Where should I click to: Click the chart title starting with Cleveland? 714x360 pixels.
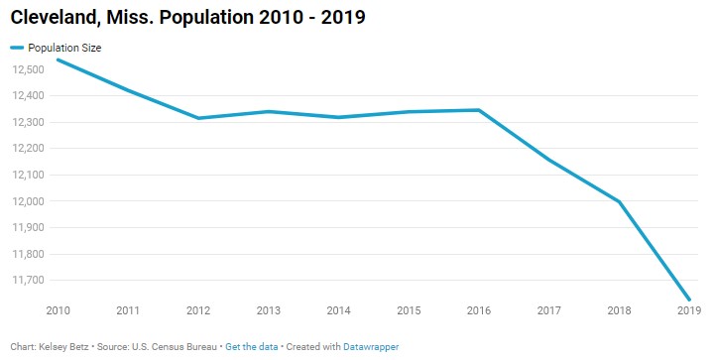pos(185,18)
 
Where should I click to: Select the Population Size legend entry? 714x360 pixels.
pos(64,47)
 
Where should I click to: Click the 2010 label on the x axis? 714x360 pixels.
pos(58,310)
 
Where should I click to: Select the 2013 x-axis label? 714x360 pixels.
pos(269,310)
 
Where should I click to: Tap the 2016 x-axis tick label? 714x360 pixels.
pos(479,310)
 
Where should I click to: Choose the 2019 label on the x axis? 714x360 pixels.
pos(688,310)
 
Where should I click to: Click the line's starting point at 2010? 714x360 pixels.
pos(58,60)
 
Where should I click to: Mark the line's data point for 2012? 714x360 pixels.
pos(198,118)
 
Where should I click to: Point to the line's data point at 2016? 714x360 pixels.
pos(479,110)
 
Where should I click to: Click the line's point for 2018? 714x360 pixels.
pos(620,201)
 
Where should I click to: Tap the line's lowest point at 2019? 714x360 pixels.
pos(689,300)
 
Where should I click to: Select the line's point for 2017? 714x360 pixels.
pos(549,159)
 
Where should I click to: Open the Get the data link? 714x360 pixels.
pos(250,347)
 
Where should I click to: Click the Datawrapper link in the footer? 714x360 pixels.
pos(370,347)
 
